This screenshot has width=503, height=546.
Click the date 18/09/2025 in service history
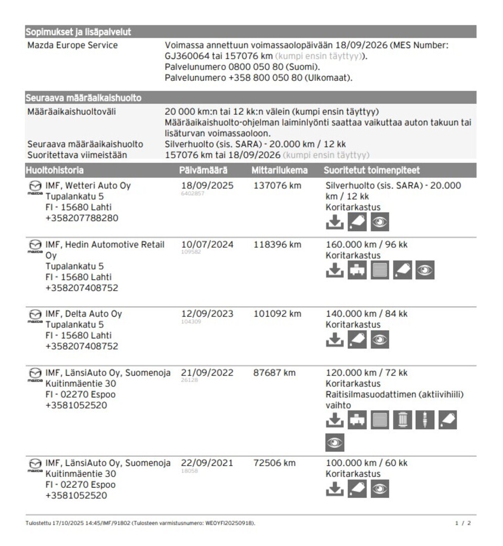207,186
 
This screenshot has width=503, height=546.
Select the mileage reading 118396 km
277,245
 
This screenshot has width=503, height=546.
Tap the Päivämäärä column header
203,170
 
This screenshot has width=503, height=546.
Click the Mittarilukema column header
279,170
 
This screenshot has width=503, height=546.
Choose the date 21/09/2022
207,373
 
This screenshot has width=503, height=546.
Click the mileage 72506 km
274,463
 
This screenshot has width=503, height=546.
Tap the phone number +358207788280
82,218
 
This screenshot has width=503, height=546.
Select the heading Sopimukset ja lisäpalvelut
78,32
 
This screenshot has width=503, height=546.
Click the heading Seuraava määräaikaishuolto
83,98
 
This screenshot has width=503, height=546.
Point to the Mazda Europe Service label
72,45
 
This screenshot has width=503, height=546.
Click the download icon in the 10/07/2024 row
334,270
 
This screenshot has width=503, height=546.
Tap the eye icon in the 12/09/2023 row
380,340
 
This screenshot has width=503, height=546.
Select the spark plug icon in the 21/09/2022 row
425,420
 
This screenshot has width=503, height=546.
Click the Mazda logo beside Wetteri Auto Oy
34,186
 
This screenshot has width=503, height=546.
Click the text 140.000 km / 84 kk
367,314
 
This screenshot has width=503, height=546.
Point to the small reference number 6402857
193,194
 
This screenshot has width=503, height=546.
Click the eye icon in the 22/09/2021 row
380,489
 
